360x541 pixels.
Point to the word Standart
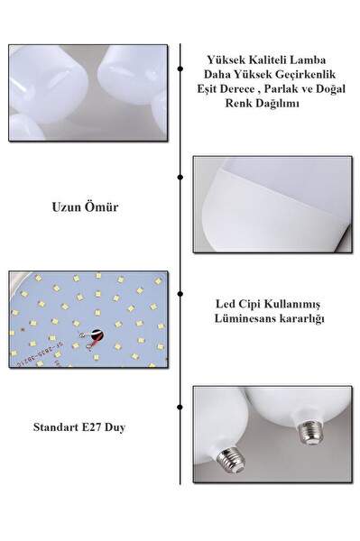(x=56, y=427)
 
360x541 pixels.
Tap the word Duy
(x=115, y=427)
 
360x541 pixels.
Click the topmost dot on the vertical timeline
(x=180, y=69)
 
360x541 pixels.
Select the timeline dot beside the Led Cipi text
(x=180, y=294)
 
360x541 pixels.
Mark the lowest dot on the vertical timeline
(x=180, y=408)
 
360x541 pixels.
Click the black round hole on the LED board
(x=97, y=335)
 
